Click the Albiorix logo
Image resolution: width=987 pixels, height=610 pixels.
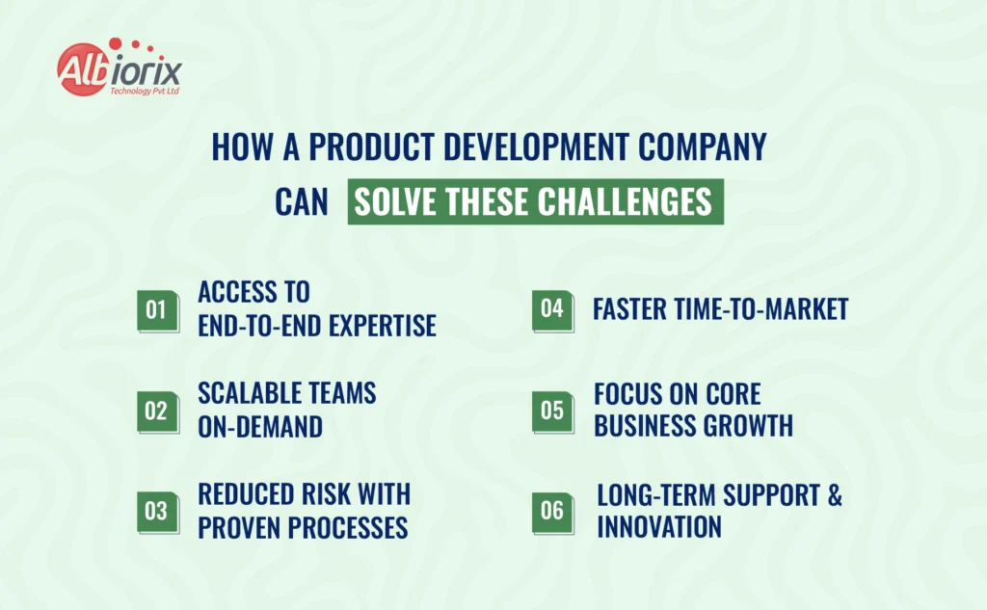[119, 67]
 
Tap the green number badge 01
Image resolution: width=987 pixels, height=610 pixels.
[158, 311]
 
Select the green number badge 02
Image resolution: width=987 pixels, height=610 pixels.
[158, 412]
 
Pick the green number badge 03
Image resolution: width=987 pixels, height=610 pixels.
[158, 513]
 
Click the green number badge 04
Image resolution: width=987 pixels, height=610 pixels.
[552, 310]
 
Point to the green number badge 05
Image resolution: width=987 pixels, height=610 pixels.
[552, 411]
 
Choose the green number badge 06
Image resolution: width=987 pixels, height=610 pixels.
[552, 513]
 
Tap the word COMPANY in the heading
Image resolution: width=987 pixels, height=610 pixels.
[702, 146]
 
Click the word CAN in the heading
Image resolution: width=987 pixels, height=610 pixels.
[302, 202]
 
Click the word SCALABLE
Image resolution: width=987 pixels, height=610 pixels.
[242, 393]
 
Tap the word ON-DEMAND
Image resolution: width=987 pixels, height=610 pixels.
[260, 427]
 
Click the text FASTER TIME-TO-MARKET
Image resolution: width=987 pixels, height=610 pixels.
[721, 309]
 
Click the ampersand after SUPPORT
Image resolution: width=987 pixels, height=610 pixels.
[835, 494]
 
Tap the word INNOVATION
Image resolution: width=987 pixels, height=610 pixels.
[659, 527]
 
